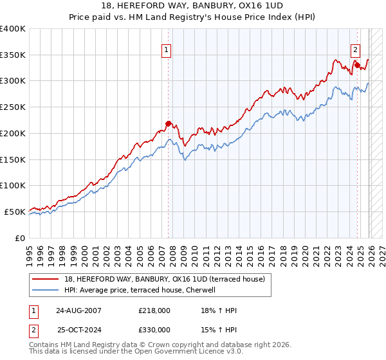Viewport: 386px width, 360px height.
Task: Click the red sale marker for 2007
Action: point(169,123)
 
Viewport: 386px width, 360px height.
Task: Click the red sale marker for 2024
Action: point(356,65)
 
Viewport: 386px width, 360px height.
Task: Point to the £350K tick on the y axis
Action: point(13,55)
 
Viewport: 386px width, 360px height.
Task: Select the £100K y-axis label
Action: point(13,185)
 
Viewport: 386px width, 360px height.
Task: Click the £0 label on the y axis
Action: point(19,238)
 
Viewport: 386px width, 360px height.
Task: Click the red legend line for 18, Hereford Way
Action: point(46,278)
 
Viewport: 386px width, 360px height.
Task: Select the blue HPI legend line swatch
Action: point(46,290)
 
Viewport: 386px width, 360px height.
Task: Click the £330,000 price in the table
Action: point(154,329)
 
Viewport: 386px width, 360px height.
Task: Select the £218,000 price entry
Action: point(154,310)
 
